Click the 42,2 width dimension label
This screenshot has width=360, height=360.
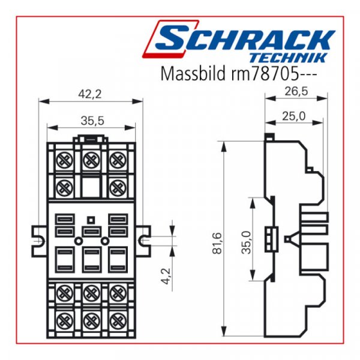tap(91, 93)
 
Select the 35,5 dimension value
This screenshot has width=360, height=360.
tap(92, 121)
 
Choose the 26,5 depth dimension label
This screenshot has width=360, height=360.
tap(296, 91)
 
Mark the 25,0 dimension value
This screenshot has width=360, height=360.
tap(295, 115)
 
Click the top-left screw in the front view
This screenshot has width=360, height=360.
tap(62, 160)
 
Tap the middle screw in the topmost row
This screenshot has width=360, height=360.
tap(91, 160)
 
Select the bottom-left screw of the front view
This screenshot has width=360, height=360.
tap(62, 320)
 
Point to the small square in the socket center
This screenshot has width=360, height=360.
tap(91, 219)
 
